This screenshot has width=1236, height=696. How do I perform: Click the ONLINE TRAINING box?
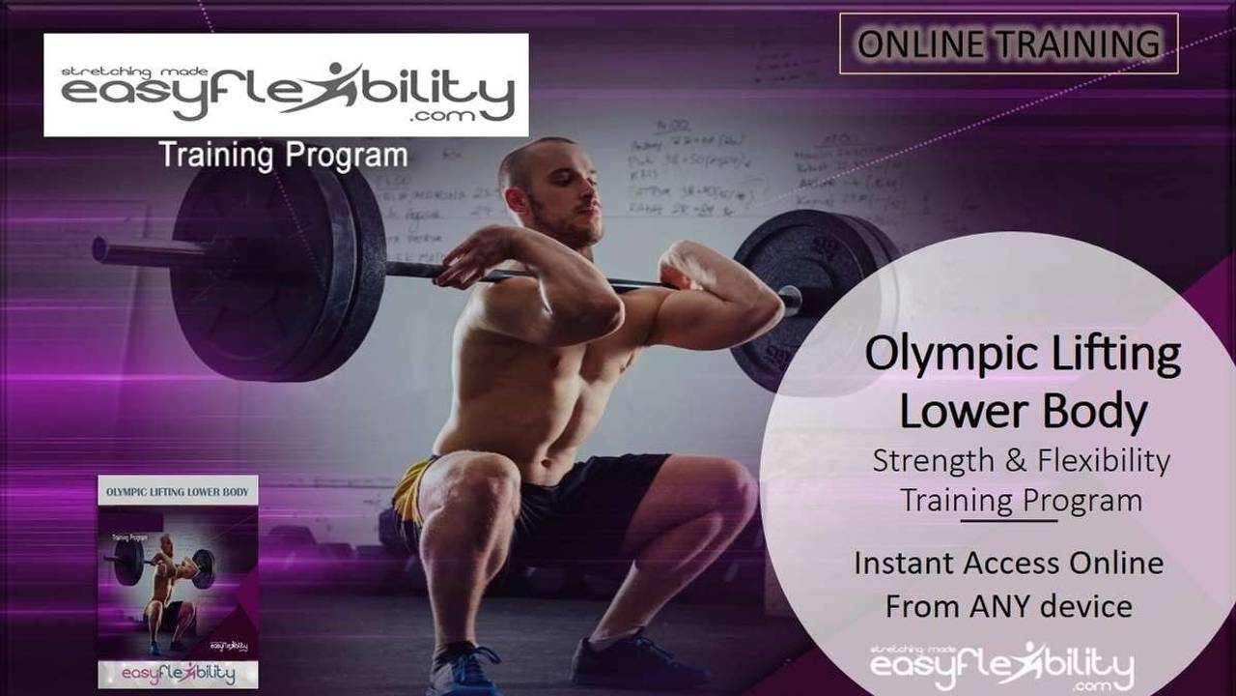click(1008, 43)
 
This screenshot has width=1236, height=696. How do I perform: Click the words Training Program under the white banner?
click(282, 155)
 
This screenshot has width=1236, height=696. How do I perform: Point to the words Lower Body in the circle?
click(1023, 411)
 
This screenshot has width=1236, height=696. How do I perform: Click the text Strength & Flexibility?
click(1021, 461)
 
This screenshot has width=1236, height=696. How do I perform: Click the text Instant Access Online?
click(1008, 563)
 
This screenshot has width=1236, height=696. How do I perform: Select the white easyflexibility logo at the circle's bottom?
click(1002, 666)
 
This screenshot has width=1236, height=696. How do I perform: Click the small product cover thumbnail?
click(178, 580)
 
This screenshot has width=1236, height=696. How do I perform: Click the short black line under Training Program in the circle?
click(1008, 520)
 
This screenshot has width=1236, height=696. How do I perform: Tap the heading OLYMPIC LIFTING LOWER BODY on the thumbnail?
click(178, 492)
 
